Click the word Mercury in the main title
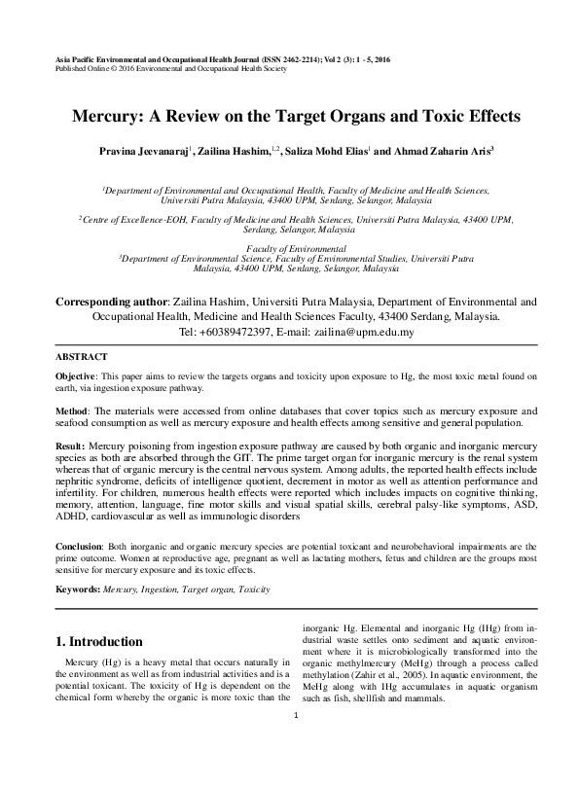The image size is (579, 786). point(109,115)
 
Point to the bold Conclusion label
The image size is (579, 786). point(81,547)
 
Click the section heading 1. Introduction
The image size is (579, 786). point(101,642)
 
